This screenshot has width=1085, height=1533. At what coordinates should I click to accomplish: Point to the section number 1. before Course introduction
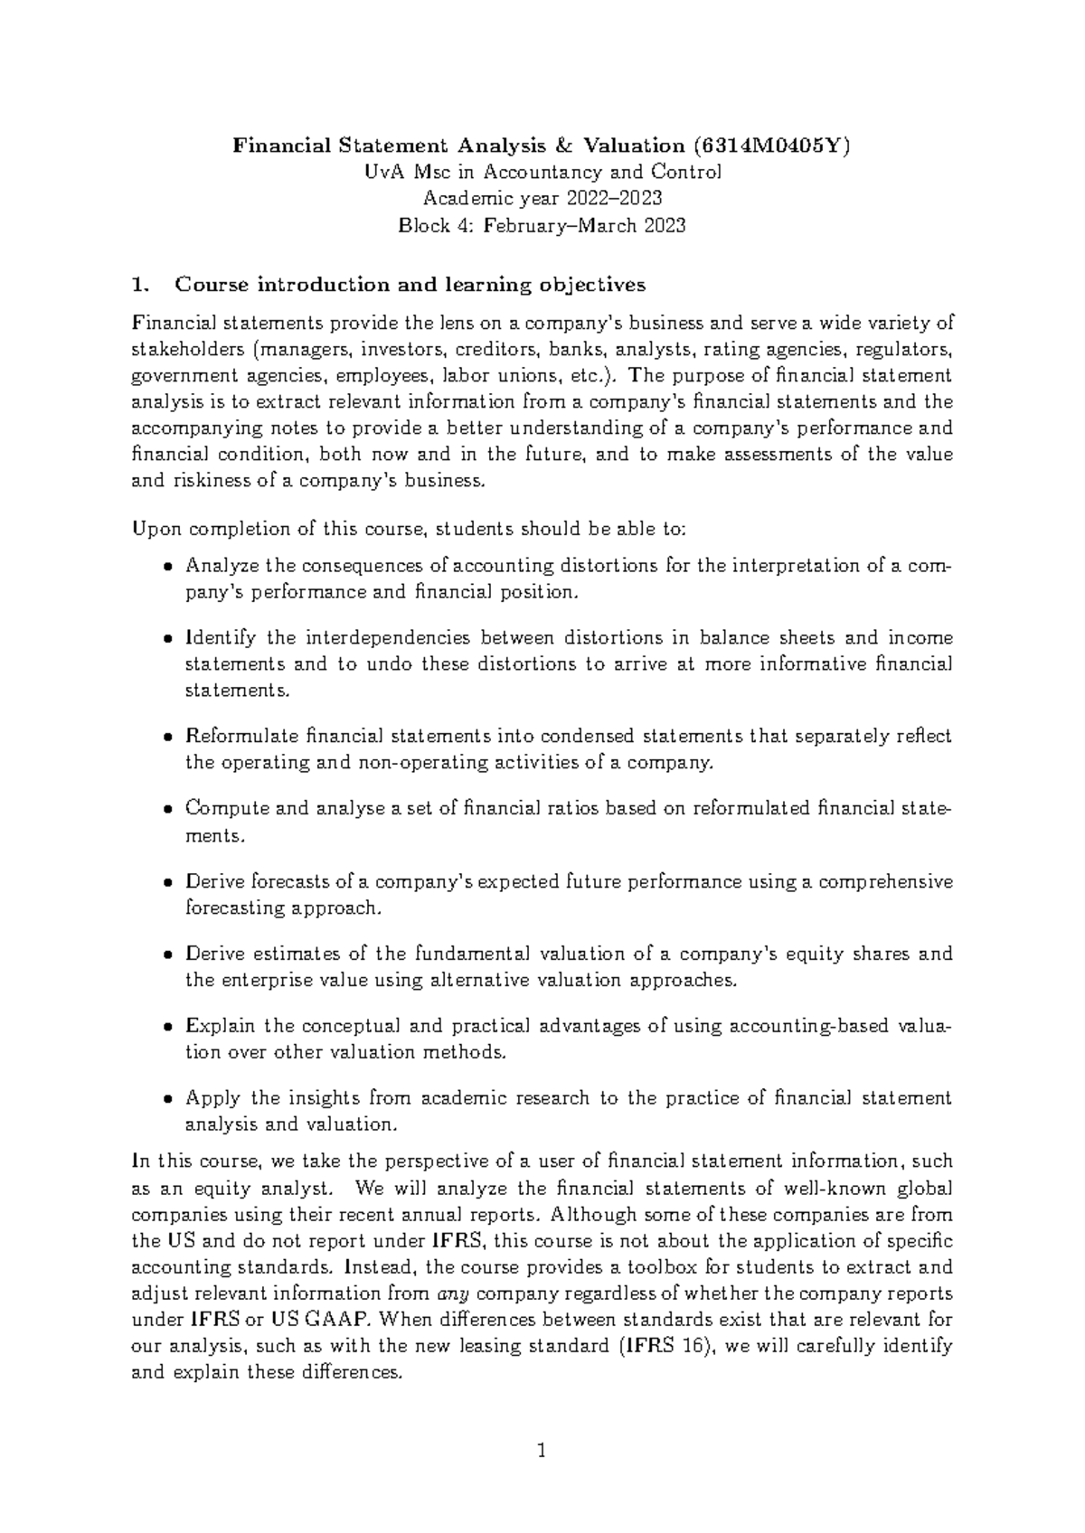click(139, 286)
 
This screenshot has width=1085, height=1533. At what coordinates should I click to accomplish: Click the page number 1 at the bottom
click(542, 1453)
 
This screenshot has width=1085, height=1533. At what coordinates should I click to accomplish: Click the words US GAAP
click(313, 1320)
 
